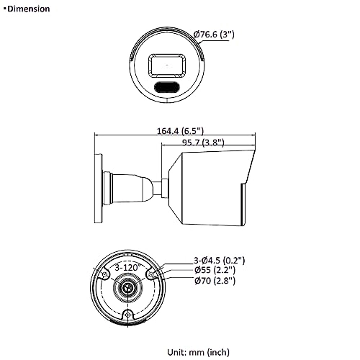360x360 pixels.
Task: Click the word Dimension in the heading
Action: [x=28, y=9]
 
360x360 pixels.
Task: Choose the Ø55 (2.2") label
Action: [x=215, y=270]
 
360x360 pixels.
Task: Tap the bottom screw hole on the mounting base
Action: [x=128, y=315]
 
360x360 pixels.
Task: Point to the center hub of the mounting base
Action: [x=128, y=288]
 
